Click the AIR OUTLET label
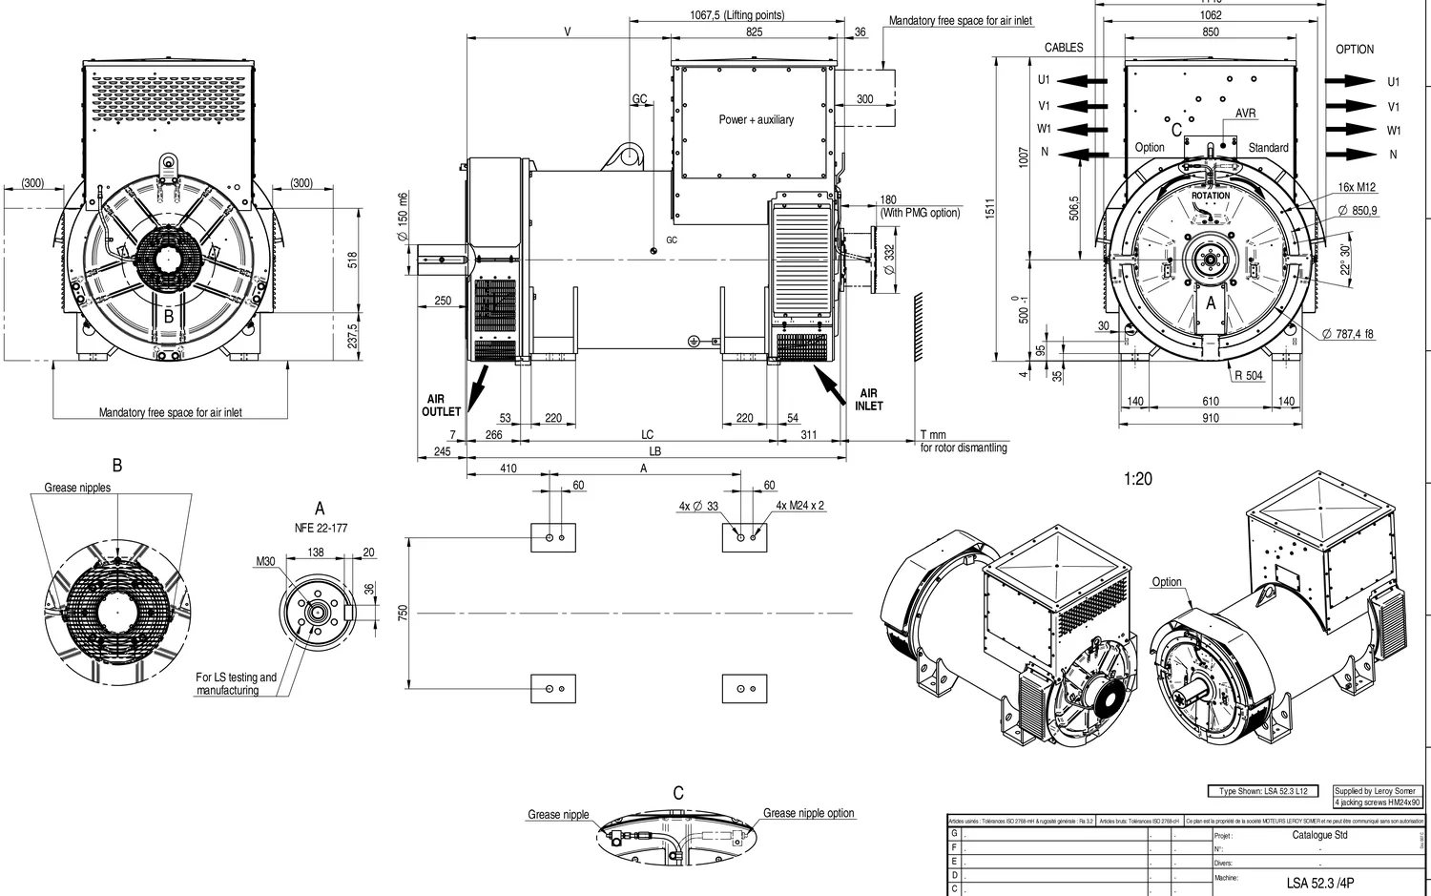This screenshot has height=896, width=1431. pos(441,406)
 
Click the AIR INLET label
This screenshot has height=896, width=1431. pos(869,399)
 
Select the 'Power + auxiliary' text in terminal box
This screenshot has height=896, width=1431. pos(756,119)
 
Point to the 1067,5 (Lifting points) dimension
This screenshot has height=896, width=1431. pos(736,15)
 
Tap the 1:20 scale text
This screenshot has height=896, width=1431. pos(1137,479)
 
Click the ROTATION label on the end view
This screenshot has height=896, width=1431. pos(1211,196)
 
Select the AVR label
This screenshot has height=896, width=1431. pos(1246,114)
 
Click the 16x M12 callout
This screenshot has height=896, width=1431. pos(1357,187)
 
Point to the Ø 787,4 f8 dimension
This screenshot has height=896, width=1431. pos(1348,334)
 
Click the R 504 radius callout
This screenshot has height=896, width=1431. pos(1248,375)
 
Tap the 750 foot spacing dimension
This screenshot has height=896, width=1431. pos(403,613)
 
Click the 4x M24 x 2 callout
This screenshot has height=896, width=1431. pos(799,506)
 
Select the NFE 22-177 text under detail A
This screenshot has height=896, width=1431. pos(321,528)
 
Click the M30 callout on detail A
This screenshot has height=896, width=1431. pos(265,561)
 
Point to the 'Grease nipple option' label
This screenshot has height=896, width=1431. pos(808,813)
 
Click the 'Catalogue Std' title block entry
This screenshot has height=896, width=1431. pos(1319,835)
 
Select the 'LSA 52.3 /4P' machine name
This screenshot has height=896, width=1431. pos(1319,883)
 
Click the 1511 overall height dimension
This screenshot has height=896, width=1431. pos(990,207)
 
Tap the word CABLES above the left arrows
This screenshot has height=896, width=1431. pos(1064,48)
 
